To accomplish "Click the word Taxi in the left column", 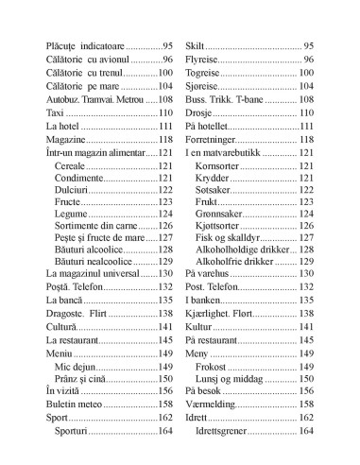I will [56, 112].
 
